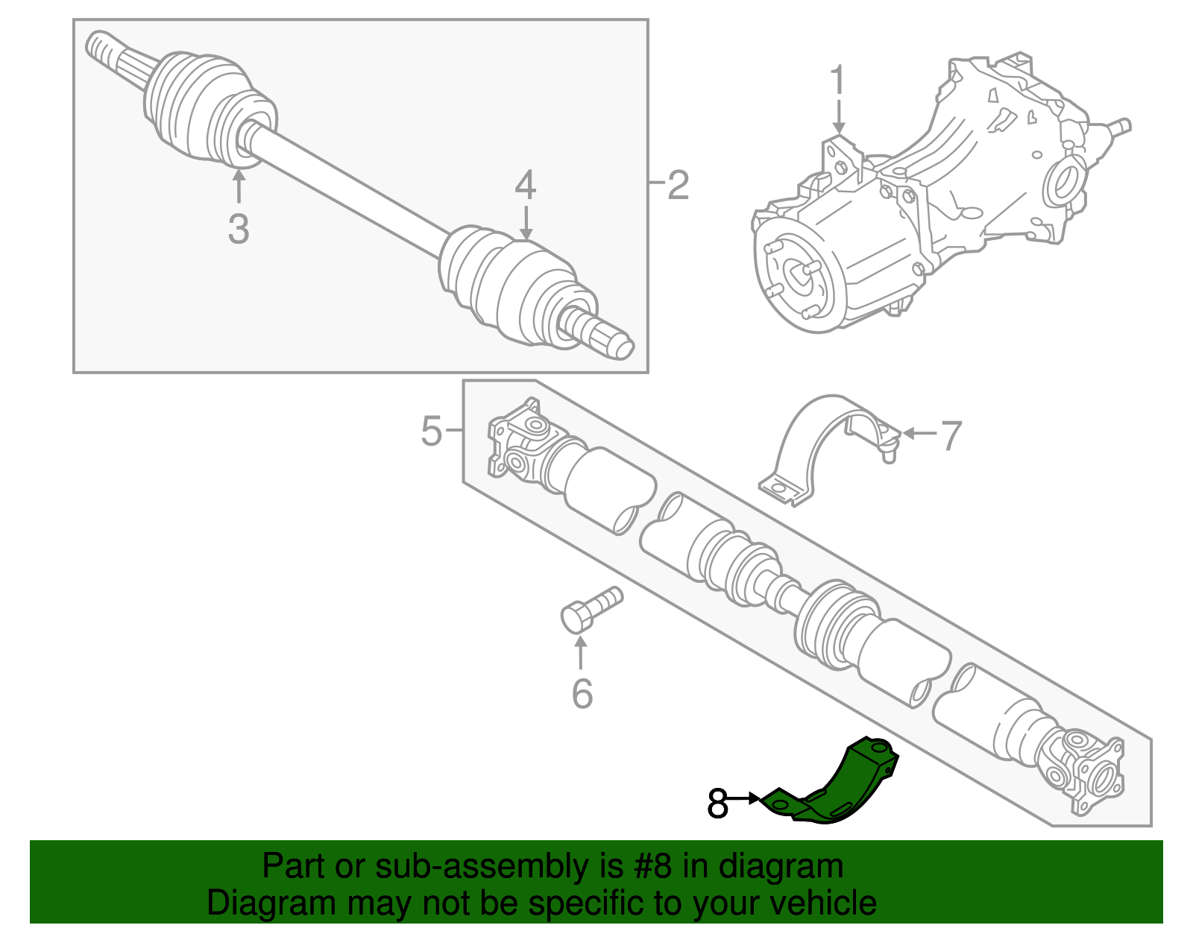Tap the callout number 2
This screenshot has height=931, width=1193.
point(677,185)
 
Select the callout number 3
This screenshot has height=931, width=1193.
point(238,229)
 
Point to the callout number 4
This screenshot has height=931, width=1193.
point(526,186)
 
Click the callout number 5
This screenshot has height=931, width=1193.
point(432,431)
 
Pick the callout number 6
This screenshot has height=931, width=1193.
point(582,694)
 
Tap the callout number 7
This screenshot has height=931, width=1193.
point(951,436)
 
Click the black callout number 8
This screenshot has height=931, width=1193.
point(717,804)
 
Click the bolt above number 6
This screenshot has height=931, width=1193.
point(588,610)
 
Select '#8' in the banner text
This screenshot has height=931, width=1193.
point(653,867)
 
